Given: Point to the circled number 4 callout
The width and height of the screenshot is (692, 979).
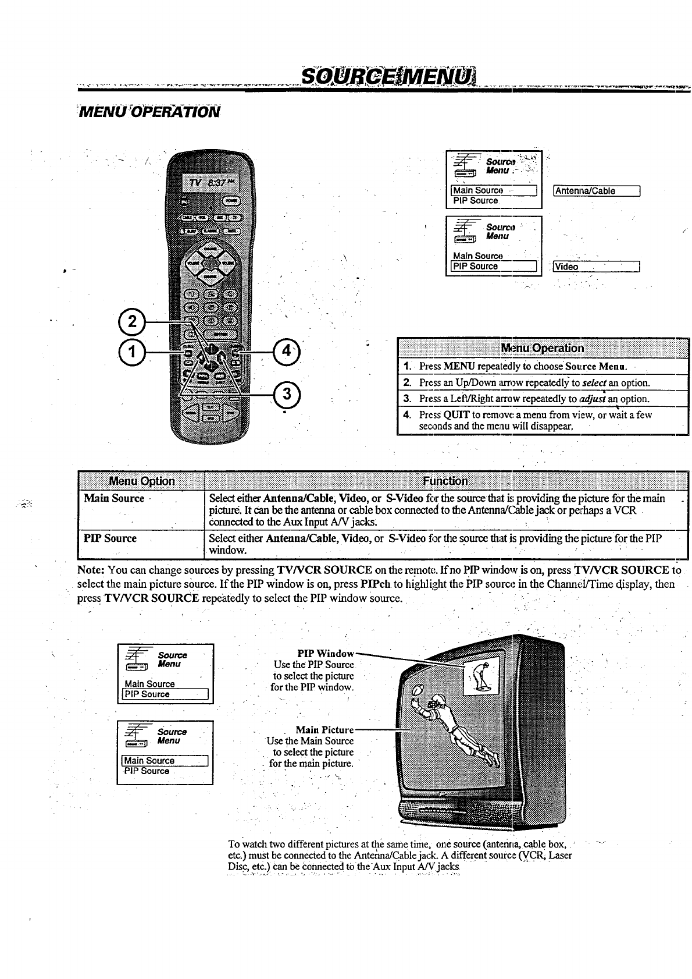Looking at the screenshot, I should pos(286,352).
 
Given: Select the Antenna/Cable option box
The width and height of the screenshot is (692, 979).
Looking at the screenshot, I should pos(597,191).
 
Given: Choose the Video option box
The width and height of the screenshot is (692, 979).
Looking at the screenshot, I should pos(597,267).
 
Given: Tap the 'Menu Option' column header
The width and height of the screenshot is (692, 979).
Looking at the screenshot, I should pos(142,481).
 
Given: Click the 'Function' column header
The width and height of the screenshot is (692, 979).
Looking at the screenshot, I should pos(445,481).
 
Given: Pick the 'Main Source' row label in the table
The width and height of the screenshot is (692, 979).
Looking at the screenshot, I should pos(114,498).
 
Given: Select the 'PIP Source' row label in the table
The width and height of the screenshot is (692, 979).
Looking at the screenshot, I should pos(110,538).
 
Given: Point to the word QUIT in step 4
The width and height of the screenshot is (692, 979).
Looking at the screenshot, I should pos(456,415).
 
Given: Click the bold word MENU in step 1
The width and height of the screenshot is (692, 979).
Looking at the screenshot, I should pos(459,366).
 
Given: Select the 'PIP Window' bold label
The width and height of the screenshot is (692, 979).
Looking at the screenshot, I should pos(325,654).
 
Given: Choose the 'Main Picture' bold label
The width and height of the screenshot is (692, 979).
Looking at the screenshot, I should pos(324,730).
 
